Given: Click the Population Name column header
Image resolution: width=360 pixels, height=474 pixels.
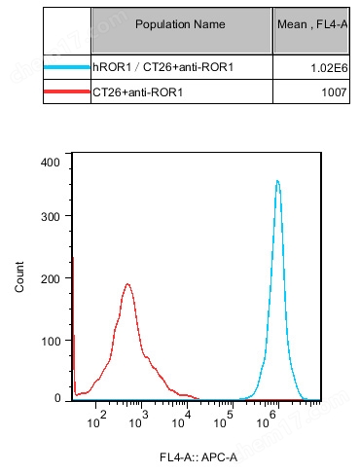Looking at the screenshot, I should (x=181, y=22).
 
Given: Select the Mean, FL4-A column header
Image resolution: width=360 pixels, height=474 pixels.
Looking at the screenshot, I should (x=312, y=22).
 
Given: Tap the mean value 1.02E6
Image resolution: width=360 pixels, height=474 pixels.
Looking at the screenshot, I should (x=327, y=68).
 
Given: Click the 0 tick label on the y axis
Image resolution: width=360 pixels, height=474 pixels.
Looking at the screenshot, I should (x=57, y=398).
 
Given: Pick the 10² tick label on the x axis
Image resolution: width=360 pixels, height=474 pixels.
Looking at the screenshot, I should (x=97, y=419).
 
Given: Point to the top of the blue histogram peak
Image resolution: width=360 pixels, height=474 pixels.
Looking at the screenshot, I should (x=278, y=180).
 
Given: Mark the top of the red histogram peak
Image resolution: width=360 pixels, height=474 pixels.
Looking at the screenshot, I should (x=127, y=284).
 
